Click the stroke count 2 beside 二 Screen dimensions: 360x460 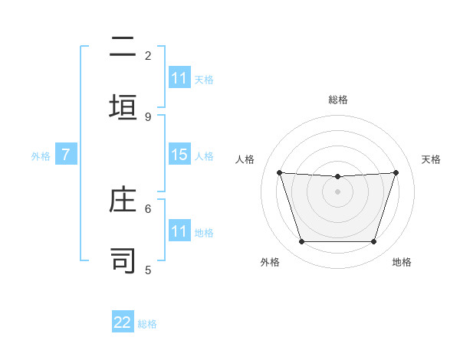148,55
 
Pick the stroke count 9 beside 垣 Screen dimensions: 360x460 148,116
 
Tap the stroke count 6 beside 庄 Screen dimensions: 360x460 148,208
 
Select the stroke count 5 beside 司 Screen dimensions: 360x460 148,270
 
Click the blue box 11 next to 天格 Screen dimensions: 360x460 179,78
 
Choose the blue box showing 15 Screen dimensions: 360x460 179,155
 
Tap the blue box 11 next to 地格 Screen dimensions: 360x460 179,231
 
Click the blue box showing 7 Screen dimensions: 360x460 66,155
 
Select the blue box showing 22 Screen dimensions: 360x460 123,322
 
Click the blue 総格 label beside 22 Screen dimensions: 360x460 147,324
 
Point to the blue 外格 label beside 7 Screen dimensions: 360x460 41,156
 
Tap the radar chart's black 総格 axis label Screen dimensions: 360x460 338,100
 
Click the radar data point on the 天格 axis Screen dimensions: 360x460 396,172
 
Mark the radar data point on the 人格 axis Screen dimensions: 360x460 279,172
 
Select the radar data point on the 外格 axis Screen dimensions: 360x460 301,242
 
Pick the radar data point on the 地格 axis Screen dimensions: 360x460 373,242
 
